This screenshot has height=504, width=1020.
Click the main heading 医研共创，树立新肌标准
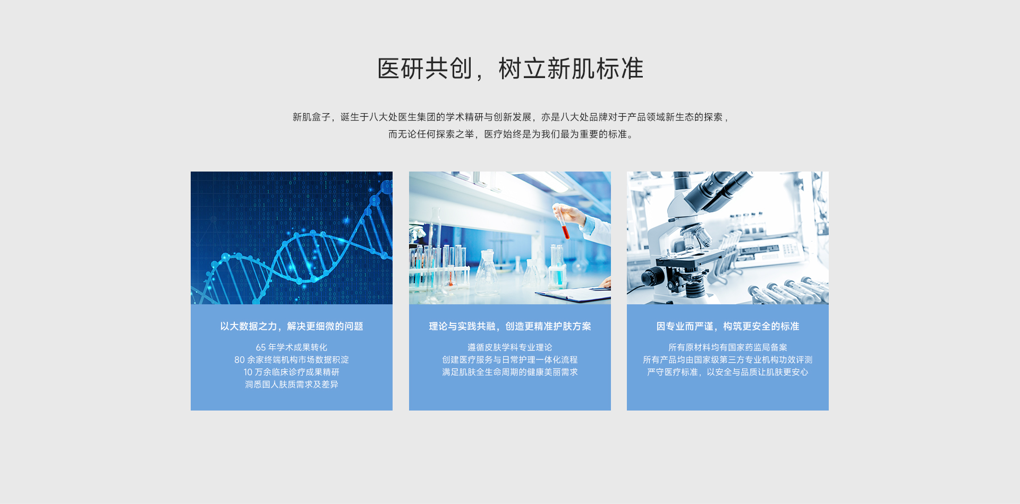point(510,69)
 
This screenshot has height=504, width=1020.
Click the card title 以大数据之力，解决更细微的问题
point(292,326)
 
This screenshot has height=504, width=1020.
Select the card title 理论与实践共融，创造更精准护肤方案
point(510,326)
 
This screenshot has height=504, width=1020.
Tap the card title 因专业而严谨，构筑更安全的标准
point(728,326)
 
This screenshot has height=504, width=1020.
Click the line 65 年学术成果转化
point(292,347)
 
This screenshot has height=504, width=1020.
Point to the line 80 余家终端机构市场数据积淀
point(292,360)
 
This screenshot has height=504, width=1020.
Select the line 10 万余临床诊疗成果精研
point(292,372)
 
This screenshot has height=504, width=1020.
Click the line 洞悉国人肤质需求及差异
point(292,384)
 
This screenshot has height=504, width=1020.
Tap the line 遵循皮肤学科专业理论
point(510,347)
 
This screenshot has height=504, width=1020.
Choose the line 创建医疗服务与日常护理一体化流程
point(510,360)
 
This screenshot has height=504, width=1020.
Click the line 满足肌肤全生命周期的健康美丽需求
point(510,372)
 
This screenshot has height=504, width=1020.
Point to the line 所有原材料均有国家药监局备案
point(728,347)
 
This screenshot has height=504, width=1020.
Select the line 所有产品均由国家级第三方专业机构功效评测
point(728,360)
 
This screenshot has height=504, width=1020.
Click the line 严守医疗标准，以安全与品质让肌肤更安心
point(728,372)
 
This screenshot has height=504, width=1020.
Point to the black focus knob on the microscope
point(653,276)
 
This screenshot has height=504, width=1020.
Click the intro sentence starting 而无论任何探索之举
point(510,134)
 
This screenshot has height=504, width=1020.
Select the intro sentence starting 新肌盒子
point(510,117)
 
